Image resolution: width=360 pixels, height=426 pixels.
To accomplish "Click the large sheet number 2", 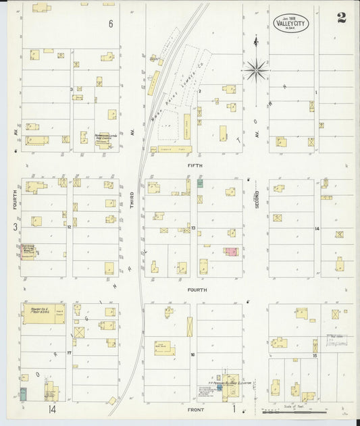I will [342, 18].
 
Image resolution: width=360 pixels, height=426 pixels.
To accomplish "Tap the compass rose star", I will [256, 68].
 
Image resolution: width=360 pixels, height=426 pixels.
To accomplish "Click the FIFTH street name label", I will [195, 165].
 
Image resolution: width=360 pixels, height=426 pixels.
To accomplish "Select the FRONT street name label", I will [195, 409].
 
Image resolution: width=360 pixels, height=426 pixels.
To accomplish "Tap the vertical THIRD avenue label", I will [132, 201].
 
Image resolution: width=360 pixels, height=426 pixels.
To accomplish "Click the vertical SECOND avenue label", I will [257, 201].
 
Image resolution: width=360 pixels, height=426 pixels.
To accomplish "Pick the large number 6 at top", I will [111, 24].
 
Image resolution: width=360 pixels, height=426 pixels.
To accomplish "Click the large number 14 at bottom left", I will [51, 409].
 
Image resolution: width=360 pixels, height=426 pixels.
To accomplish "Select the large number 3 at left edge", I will [14, 227].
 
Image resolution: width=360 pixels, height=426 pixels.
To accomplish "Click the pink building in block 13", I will [231, 252].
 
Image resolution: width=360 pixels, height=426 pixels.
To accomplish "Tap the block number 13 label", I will [193, 228].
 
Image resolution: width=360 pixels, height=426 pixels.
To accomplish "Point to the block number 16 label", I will [192, 354].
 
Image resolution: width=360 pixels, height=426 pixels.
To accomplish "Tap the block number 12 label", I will [70, 228].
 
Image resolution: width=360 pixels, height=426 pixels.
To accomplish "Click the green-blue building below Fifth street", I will [200, 183].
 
